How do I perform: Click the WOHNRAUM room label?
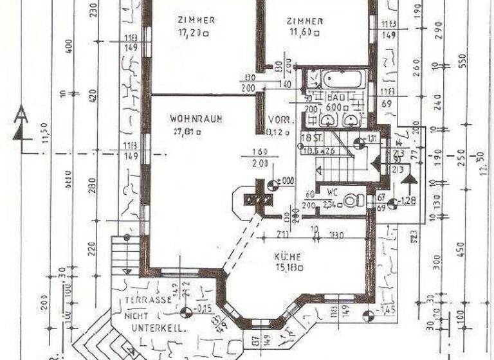click(x=187, y=119)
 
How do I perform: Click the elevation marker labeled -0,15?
click(x=186, y=313)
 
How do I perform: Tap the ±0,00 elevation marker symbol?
click(x=272, y=185)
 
